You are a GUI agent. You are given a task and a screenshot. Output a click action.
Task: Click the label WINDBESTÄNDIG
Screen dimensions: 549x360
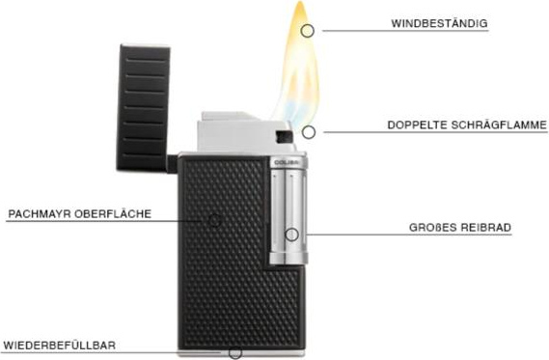point(439,23)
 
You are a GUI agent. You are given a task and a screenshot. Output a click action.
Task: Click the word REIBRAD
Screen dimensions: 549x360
point(485,227)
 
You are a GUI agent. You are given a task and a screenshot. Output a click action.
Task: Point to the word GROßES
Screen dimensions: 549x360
point(432,227)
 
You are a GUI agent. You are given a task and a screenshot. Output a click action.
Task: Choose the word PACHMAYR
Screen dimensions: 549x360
point(40,214)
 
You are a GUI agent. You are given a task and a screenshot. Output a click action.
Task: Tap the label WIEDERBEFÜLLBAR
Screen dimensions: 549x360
point(59,346)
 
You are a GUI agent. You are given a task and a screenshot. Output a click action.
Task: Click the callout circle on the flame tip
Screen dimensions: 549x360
point(308,31)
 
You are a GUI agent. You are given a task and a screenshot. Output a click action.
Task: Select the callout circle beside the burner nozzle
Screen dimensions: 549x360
point(309,132)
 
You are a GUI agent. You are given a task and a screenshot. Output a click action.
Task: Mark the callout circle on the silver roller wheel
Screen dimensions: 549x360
point(291,235)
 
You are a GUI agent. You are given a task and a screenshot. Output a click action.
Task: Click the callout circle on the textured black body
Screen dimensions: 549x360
point(214,220)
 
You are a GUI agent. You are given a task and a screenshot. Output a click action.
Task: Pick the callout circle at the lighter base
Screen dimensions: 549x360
point(235,353)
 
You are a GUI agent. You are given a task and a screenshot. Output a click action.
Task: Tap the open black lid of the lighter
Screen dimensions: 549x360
point(144,108)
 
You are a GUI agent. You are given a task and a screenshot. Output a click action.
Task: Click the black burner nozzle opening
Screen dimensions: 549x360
point(284,137)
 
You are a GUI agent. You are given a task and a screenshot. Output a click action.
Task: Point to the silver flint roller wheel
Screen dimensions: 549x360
point(288,215)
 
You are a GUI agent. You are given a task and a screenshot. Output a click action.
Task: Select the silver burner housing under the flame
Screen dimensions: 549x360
point(246,133)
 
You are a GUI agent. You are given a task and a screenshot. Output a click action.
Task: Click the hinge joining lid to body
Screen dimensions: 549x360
point(172,164)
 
